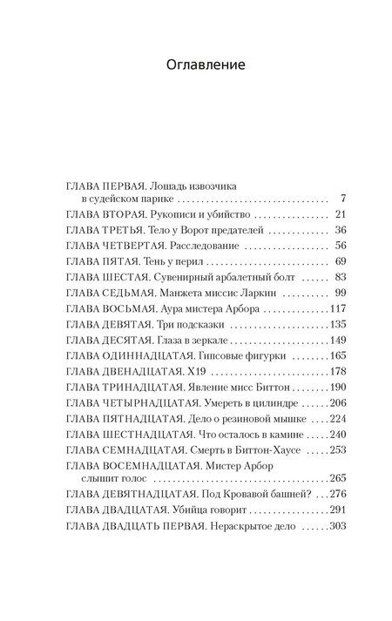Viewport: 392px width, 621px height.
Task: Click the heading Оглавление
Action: point(196,64)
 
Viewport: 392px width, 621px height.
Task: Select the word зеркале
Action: point(206,340)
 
